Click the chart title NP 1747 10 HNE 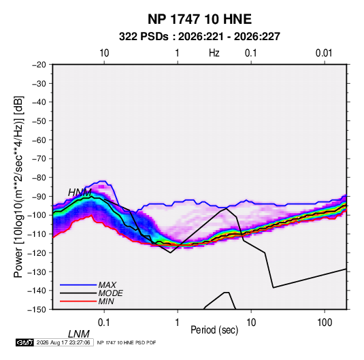click(199, 19)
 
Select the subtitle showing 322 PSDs click(199, 37)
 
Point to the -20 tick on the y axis click(39, 65)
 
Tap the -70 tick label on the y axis click(39, 159)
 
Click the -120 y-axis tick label click(37, 252)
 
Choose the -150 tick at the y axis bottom click(37, 310)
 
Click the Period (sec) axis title click(214, 330)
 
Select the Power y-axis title click(18, 187)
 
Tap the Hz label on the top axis click(214, 53)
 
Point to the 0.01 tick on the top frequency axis click(324, 53)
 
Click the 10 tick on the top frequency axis click(104, 53)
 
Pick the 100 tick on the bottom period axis click(325, 323)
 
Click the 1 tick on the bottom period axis click(178, 323)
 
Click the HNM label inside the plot click(80, 193)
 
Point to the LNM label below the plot click(79, 334)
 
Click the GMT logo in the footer click(24, 342)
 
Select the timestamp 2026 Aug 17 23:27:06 click(63, 342)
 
